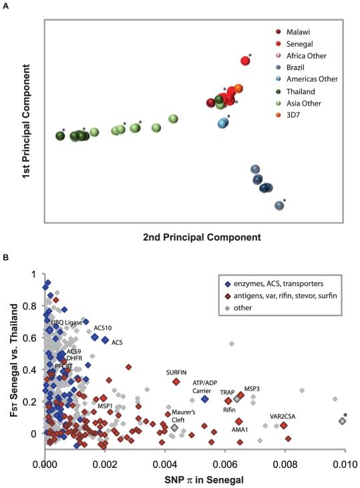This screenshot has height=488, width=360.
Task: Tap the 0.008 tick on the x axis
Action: pos(285,461)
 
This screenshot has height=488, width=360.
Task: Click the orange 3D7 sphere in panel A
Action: pos(238,89)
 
